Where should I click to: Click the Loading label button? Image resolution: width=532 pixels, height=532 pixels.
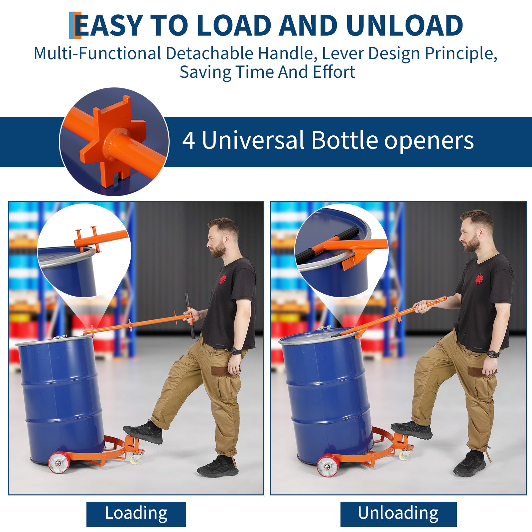136,514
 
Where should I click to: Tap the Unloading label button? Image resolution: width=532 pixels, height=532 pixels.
398,514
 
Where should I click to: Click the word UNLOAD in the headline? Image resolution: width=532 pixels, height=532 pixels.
404,25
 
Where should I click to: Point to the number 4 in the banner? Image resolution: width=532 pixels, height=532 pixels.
189,140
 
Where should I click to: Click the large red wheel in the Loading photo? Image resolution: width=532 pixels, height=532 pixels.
59,463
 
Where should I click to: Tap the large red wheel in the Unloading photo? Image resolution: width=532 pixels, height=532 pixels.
328,465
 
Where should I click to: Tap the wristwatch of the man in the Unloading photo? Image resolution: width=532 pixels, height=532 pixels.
493,354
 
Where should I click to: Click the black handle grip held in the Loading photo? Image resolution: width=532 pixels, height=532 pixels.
190,316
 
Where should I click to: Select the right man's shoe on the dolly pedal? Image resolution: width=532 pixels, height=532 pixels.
411,430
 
